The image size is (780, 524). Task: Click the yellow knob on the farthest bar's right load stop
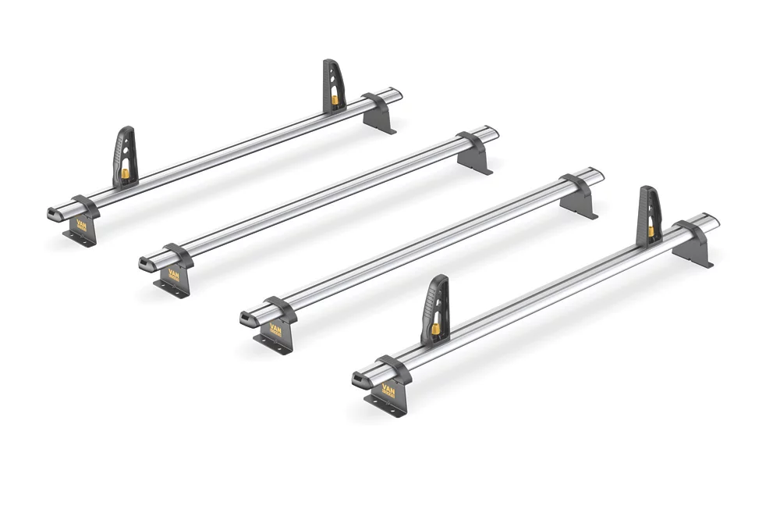[x=335, y=100]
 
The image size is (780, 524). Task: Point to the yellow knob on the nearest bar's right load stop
[x=651, y=231]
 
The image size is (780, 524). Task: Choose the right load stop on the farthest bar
[x=334, y=86]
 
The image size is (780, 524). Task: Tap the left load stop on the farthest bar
[x=124, y=156]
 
